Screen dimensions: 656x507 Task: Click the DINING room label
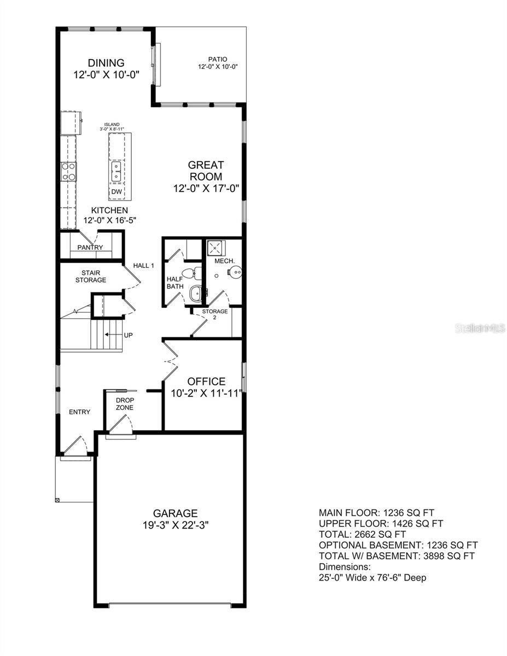pos(107,63)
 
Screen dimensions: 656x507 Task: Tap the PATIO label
pos(217,59)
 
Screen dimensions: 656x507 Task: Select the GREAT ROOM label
pos(206,171)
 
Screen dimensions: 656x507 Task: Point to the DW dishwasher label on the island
pos(116,192)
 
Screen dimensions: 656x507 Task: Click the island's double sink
pos(116,171)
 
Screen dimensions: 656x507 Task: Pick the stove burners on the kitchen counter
pos(69,171)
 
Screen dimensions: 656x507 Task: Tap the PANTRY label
pos(90,248)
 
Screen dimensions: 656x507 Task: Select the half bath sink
pos(196,294)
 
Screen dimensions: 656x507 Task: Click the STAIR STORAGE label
pos(94,276)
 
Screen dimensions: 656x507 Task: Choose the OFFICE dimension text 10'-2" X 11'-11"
pos(207,394)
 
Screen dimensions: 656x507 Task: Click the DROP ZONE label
pos(124,404)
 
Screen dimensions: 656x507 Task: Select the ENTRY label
pos(79,412)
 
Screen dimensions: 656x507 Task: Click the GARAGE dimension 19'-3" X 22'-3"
pos(175,525)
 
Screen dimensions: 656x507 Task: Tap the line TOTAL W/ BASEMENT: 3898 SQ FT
pos(397,556)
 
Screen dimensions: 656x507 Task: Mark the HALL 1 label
pos(144,266)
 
